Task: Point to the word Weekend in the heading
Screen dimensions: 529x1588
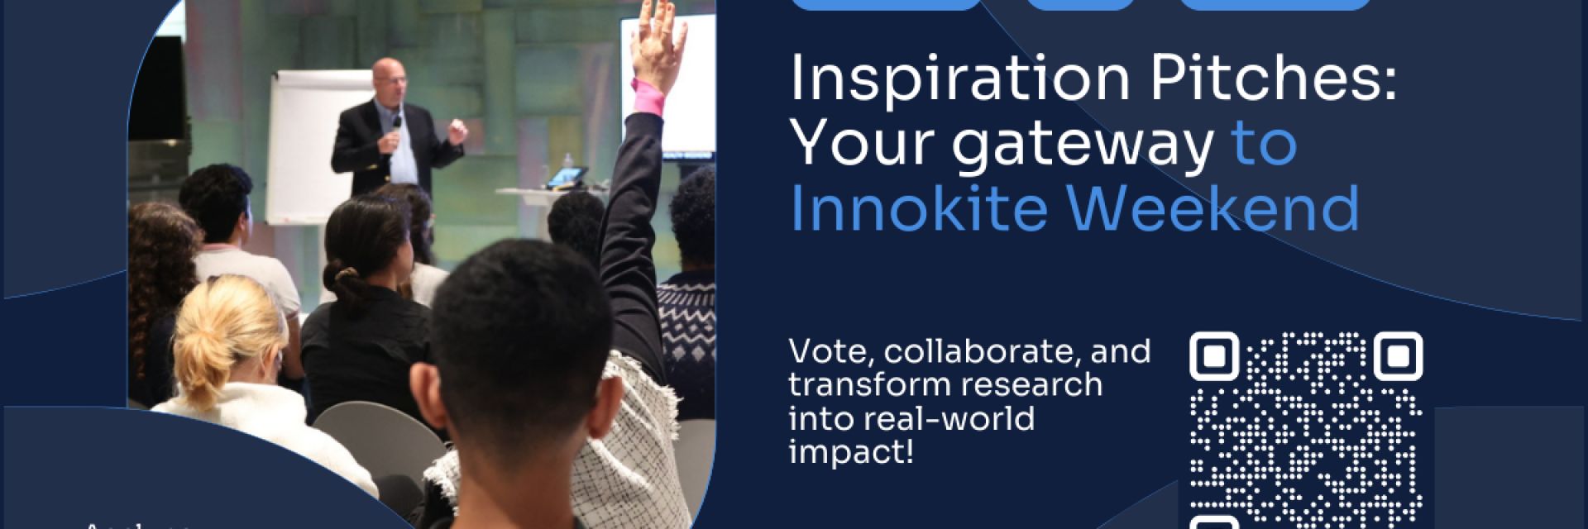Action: pyautogui.click(x=1213, y=209)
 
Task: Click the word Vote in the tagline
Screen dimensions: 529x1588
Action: pyautogui.click(x=826, y=352)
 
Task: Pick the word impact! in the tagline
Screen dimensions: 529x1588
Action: pyautogui.click(x=851, y=451)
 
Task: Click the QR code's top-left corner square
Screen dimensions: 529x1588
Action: pyautogui.click(x=1213, y=356)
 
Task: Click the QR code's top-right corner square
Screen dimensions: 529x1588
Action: pyautogui.click(x=1397, y=356)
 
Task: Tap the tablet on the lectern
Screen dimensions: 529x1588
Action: pyautogui.click(x=570, y=175)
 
